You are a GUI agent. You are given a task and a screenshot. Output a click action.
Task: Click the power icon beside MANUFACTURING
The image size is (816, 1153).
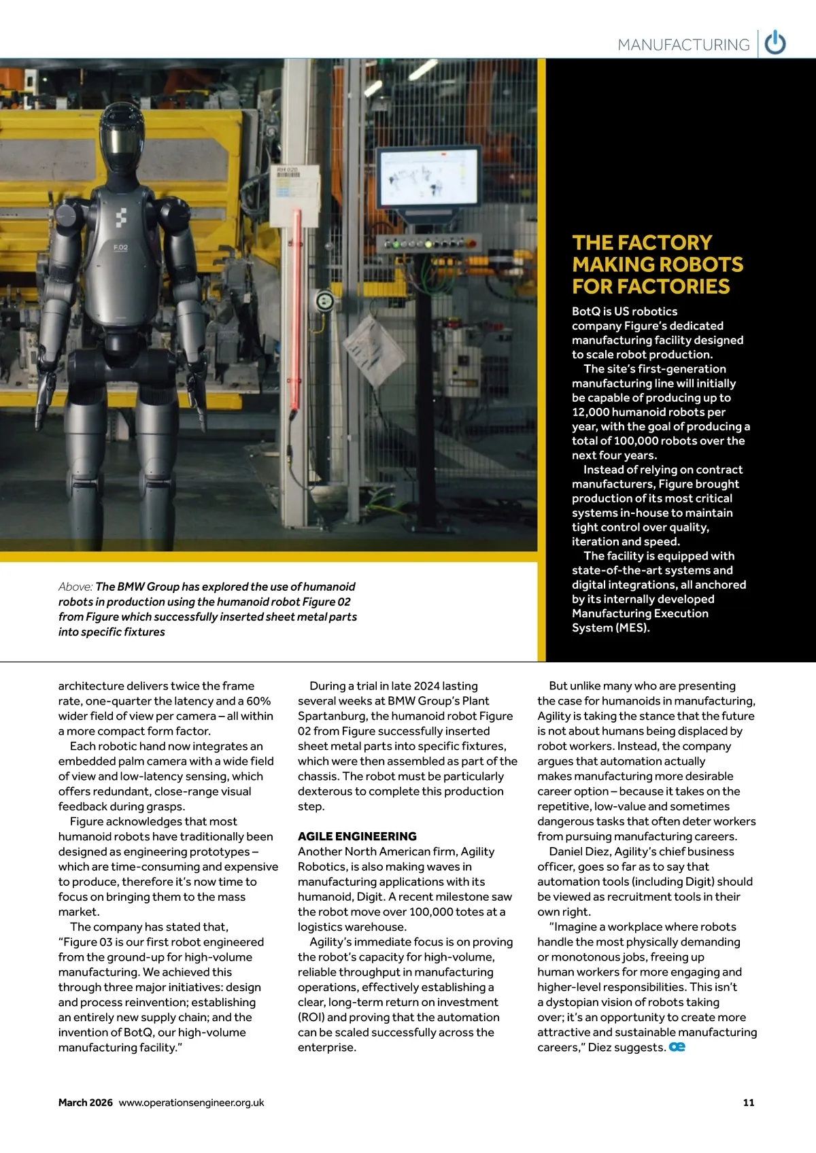775,43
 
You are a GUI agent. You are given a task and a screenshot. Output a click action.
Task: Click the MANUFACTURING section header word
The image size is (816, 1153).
683,45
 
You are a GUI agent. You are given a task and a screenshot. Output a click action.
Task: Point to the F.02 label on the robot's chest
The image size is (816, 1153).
120,247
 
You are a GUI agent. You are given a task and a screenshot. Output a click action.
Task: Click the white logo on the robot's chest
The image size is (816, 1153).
120,218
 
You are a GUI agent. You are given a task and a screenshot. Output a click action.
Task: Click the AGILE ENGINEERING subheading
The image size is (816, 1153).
357,836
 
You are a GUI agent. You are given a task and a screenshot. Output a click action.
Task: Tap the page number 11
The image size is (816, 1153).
749,1103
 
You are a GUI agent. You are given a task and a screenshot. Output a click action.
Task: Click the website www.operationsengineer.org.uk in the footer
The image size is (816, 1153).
191,1103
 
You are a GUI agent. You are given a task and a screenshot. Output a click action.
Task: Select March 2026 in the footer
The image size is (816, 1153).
85,1103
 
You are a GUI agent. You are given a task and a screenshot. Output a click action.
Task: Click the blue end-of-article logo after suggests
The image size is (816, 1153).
677,1047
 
